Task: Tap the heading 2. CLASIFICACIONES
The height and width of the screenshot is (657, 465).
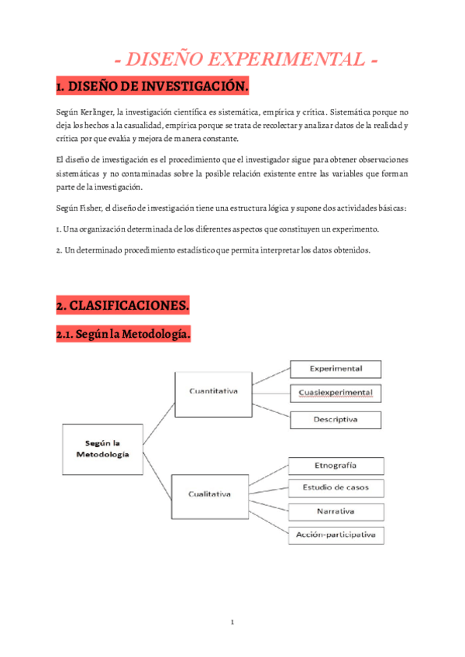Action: (122, 306)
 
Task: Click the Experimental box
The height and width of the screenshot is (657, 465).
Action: (336, 369)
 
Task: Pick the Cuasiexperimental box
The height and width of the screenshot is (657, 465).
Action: (336, 394)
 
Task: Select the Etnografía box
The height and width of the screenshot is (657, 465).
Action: (336, 466)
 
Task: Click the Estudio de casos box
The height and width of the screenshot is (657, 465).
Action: (336, 488)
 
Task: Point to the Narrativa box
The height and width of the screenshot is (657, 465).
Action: (336, 511)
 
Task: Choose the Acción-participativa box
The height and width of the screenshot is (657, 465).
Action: (336, 535)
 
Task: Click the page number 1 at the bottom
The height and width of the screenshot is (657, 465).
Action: (232, 623)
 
